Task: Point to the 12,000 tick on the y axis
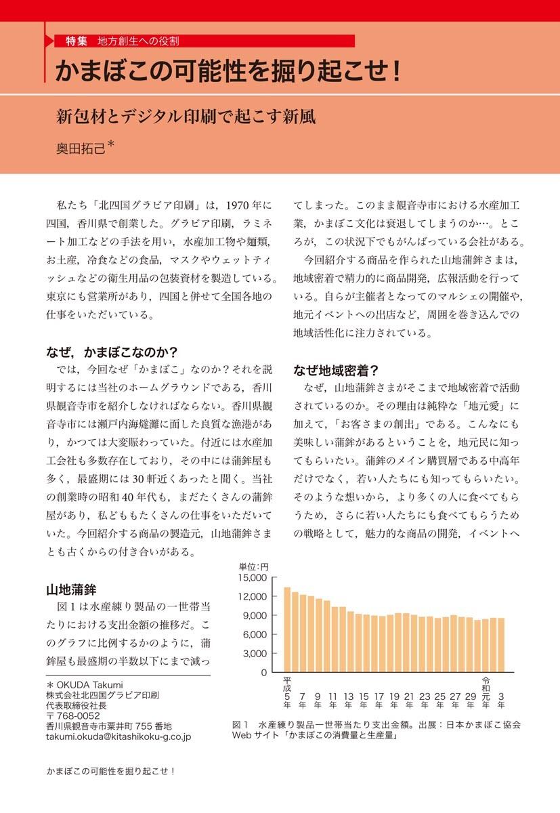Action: (x=255, y=596)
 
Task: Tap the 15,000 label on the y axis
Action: (x=255, y=577)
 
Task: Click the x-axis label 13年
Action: (x=349, y=699)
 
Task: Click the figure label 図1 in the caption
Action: (x=242, y=724)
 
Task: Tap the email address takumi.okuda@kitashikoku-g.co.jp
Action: (x=119, y=736)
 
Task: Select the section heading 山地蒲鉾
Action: (x=71, y=587)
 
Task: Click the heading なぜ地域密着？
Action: (x=335, y=371)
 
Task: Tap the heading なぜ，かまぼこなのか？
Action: (x=111, y=352)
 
